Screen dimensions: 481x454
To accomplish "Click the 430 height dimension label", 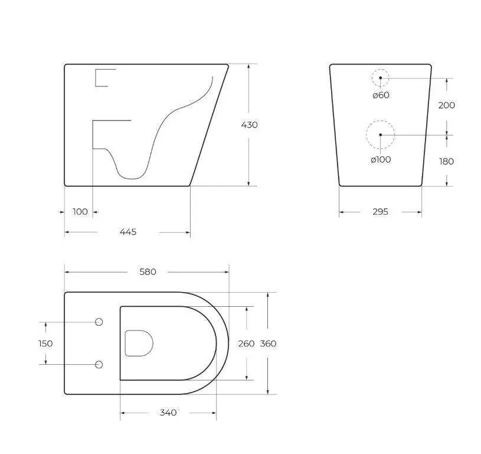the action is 249,125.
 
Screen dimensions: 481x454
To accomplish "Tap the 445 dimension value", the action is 128,232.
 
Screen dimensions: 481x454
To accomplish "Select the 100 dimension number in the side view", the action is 80,212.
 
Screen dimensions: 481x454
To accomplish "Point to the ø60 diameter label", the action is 381,95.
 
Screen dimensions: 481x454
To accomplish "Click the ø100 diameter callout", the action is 381,160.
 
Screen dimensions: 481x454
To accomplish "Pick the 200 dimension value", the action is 446,105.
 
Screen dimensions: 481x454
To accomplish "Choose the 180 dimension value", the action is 446,161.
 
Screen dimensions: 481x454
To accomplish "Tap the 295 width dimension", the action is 381,212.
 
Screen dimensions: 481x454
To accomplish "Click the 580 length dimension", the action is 148,272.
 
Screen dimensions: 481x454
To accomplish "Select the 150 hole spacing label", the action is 45,343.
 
